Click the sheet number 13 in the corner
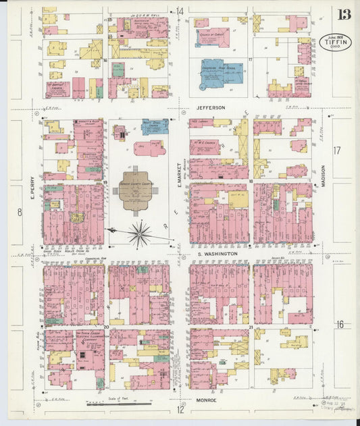pos(344,14)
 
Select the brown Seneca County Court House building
pos(136,190)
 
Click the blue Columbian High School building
pos(219,74)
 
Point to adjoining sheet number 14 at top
pos(180,11)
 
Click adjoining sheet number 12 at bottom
pos(180,409)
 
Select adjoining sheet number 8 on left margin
pos(20,212)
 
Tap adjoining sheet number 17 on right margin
pos(338,150)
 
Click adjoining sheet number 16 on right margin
pos(340,325)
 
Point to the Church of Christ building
pos(212,37)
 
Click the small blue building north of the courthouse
pos(155,127)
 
